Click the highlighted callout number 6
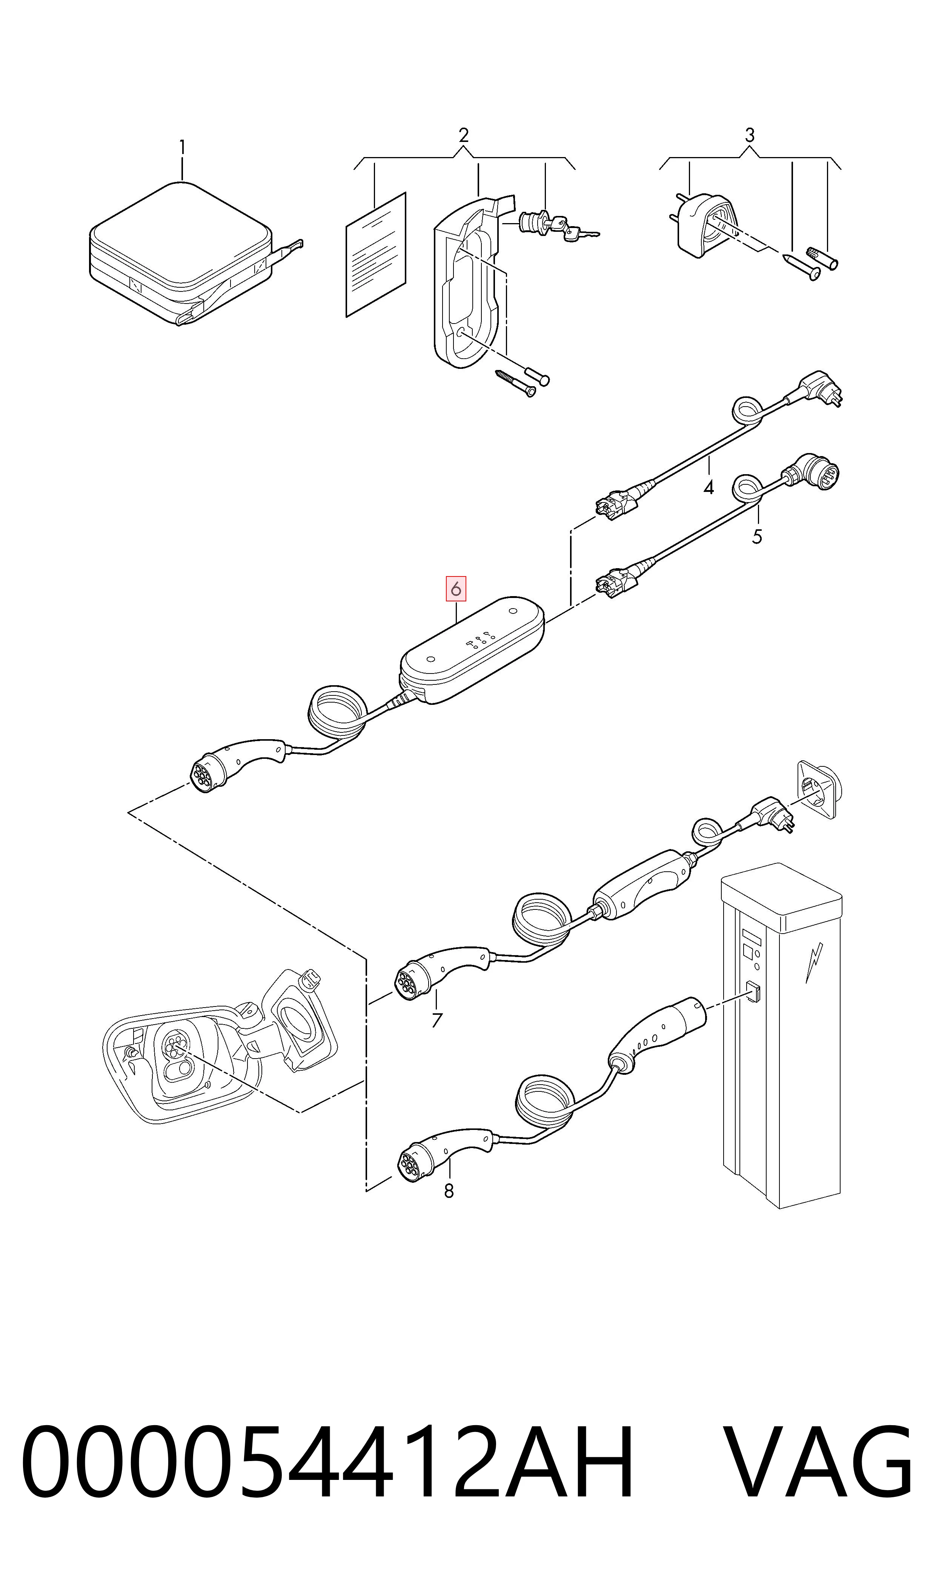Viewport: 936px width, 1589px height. (455, 589)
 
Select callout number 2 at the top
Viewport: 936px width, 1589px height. (464, 135)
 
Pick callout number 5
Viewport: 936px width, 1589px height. (757, 537)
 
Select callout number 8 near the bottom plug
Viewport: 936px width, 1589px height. (449, 1191)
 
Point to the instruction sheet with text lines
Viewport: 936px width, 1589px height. (376, 254)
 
